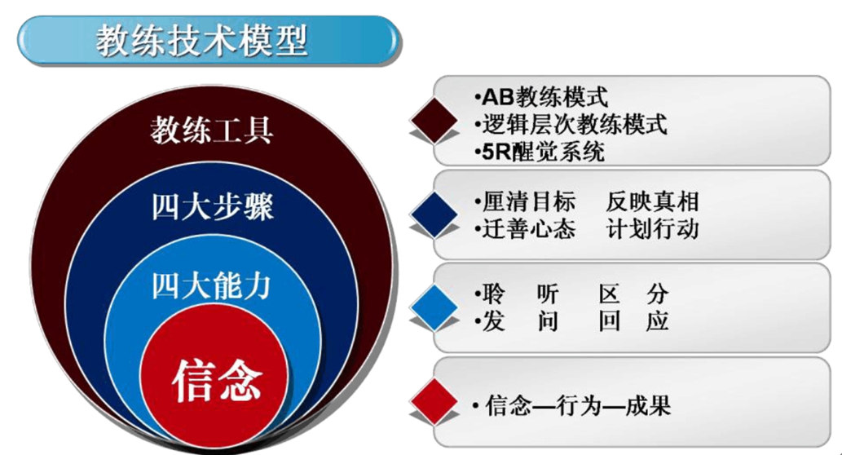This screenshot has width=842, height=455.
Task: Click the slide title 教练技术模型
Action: (x=202, y=41)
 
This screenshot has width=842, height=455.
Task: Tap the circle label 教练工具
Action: (x=212, y=130)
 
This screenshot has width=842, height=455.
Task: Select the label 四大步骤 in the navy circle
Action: (x=212, y=207)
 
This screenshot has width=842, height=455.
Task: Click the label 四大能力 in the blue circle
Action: (x=211, y=285)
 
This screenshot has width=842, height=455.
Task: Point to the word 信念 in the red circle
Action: (x=217, y=381)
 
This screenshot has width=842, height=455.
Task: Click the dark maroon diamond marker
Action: (x=434, y=121)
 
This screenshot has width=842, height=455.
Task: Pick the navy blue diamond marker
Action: (x=434, y=215)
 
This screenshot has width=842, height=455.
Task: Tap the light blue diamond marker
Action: (x=434, y=307)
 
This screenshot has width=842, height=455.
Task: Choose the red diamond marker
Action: (x=434, y=402)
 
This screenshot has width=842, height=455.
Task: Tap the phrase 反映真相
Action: (x=652, y=201)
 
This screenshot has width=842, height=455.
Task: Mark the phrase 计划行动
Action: (x=652, y=229)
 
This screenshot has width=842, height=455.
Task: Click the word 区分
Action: (x=633, y=294)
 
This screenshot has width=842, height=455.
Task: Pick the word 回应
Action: (x=633, y=321)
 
